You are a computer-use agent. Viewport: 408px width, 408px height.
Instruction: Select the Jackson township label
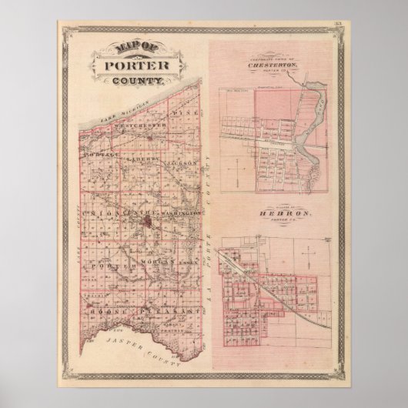pos(182,163)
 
